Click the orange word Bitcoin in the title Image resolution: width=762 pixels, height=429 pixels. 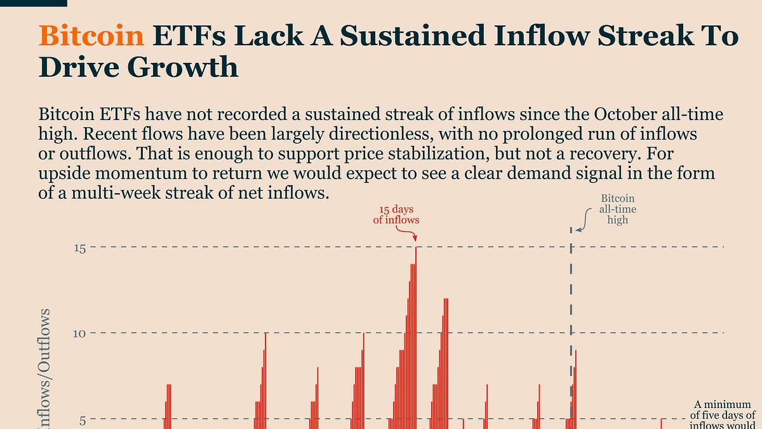click(x=91, y=37)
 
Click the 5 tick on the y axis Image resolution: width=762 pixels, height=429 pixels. click(x=81, y=419)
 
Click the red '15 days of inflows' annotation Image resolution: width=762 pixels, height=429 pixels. click(x=396, y=215)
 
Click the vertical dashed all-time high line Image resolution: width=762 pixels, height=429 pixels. click(x=571, y=286)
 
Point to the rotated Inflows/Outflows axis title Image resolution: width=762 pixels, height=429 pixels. click(x=45, y=369)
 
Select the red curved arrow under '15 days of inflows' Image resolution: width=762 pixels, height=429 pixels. click(x=407, y=234)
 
